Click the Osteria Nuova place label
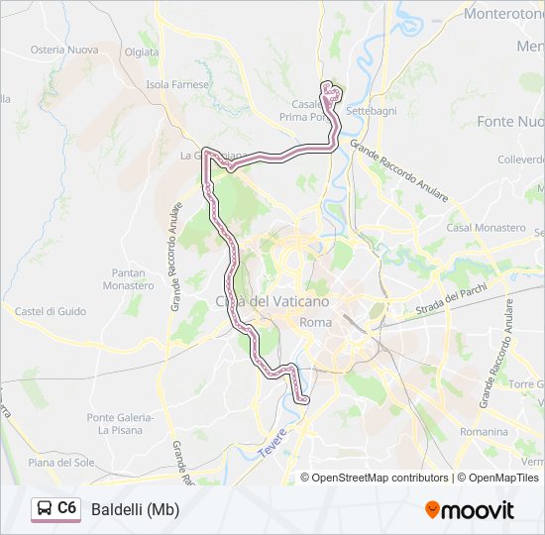tap(63, 50)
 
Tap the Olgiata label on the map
tap(142, 52)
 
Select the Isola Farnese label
tap(178, 84)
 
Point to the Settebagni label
tap(370, 111)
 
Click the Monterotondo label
tap(504, 15)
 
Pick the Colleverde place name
tap(521, 159)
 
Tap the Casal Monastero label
tap(486, 227)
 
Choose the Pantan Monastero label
tap(129, 278)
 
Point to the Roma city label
tap(315, 323)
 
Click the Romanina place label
tap(485, 432)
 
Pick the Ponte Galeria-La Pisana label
tap(121, 423)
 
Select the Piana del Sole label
tap(61, 462)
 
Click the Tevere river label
tap(273, 440)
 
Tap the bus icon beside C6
tap(46, 508)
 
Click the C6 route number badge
tap(66, 508)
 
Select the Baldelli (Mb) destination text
tap(135, 509)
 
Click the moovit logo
tap(470, 509)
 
